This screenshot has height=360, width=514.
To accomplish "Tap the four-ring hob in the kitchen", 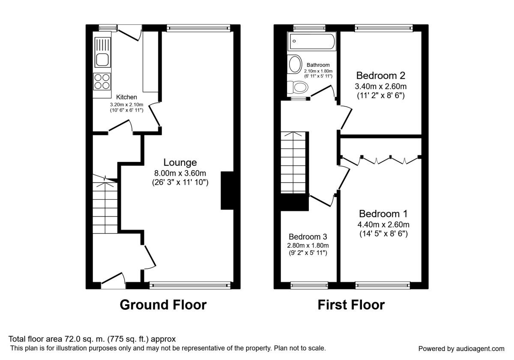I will pos(102,81).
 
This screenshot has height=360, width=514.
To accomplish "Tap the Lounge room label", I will pos(180,162).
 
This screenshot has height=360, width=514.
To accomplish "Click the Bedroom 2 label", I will pos(380,76).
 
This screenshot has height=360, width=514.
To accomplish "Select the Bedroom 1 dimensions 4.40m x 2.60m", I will pos(383,224).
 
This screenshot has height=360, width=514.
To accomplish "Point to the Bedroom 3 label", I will pos(308,237).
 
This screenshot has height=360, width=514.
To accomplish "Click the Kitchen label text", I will pos(126,97).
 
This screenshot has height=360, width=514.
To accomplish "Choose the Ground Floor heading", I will pos(163,305).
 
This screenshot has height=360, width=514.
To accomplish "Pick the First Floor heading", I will pos(351,305).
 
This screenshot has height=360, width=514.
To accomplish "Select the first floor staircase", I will pos(294,163).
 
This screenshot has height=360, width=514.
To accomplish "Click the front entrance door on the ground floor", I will pos(113,279).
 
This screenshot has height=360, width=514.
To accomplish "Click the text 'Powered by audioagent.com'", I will pos(461,348).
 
